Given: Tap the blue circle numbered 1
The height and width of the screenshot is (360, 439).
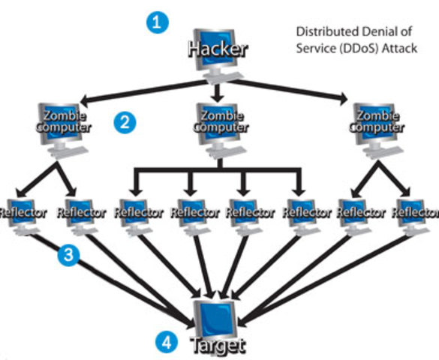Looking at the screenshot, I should [156, 22].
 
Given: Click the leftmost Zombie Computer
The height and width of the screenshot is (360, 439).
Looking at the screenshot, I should [63, 123].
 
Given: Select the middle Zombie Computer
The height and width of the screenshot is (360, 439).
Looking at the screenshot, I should [218, 123].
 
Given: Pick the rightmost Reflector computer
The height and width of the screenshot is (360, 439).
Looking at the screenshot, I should [413, 213].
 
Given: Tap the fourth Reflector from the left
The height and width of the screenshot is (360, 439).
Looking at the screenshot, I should [194, 213].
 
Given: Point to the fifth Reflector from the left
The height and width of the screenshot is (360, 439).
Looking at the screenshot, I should [250, 213].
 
